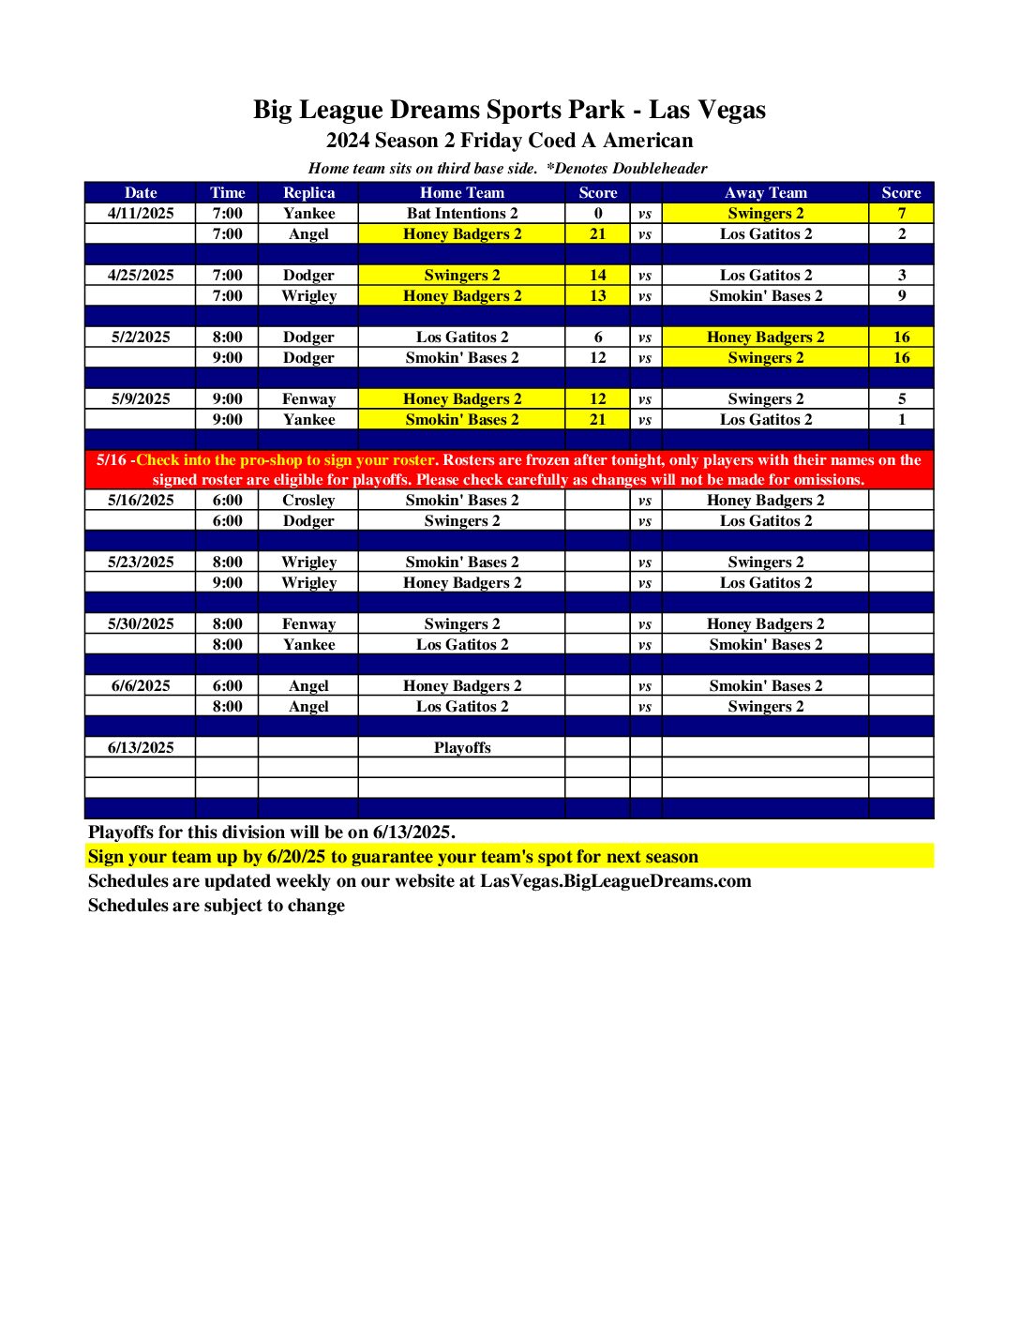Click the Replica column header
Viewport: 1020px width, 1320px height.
tap(308, 192)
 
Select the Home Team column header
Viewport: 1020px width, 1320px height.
tap(461, 192)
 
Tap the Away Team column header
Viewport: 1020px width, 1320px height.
tap(765, 192)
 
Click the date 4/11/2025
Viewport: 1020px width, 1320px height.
tap(141, 213)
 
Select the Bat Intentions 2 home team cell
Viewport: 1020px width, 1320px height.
tap(461, 213)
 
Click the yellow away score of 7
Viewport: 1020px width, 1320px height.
tap(901, 213)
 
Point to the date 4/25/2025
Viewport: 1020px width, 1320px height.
tap(141, 275)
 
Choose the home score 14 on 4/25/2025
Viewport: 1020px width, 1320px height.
tap(597, 275)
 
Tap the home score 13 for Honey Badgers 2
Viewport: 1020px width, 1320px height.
tap(597, 295)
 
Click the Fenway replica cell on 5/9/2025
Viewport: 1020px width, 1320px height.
tap(308, 398)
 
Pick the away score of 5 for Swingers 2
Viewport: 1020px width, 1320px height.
tap(901, 398)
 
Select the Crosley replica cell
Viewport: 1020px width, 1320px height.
tap(308, 500)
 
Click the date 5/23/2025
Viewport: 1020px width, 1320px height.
tap(141, 562)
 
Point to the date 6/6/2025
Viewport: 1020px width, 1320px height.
tap(141, 685)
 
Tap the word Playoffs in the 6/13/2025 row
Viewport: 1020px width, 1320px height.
tap(461, 747)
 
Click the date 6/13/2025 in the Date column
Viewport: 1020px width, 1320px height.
tap(141, 747)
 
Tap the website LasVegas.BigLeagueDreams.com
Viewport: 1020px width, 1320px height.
tap(615, 880)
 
